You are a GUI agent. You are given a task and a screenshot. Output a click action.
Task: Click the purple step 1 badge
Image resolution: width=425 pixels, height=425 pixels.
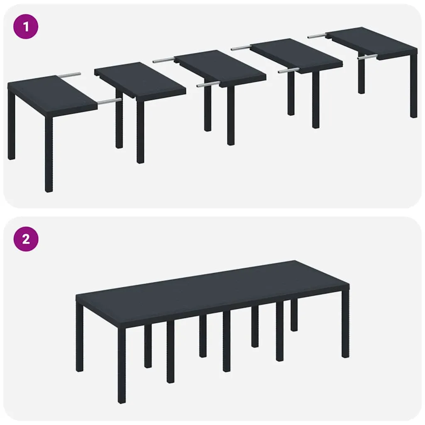[x=26, y=27]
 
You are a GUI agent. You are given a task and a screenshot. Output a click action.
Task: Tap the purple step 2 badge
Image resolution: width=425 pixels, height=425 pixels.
[x=26, y=239]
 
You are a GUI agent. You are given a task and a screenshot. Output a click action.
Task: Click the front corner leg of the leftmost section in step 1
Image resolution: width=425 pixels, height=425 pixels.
[x=49, y=154]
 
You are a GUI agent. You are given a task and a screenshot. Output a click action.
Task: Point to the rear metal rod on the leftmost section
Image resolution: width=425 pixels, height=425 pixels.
[x=69, y=75]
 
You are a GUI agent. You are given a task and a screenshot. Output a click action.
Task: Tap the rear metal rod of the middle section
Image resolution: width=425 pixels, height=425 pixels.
[x=164, y=61]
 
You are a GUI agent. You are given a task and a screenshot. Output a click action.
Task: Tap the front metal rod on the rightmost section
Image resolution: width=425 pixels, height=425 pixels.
[x=368, y=57]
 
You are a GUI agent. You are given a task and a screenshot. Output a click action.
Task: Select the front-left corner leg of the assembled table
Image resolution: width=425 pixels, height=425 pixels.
[x=121, y=365]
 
